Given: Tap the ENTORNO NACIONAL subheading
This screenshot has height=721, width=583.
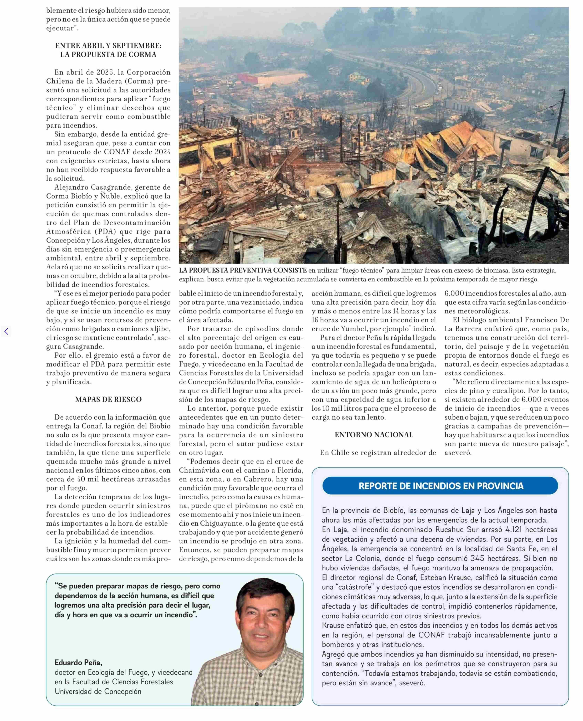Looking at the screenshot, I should pos(374,435).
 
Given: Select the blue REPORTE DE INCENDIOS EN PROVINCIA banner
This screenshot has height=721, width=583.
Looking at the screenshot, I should pos(441,486).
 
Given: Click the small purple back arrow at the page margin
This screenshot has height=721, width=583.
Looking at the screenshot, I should pos(6,331).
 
